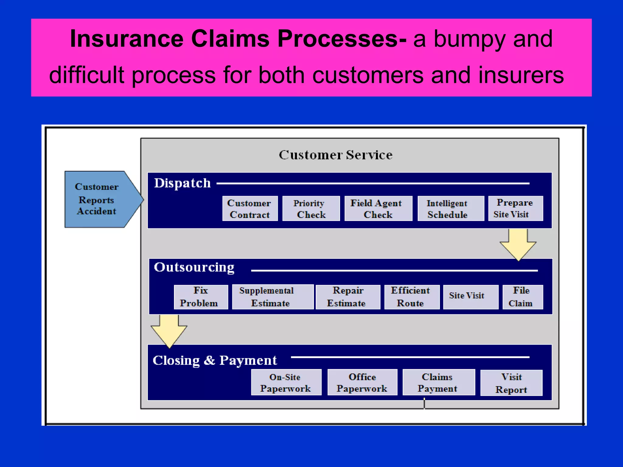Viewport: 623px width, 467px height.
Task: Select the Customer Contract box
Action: click(250, 209)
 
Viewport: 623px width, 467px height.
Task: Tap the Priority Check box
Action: click(311, 209)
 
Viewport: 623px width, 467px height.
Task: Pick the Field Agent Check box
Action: click(378, 209)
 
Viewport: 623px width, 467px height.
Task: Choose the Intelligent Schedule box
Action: click(451, 209)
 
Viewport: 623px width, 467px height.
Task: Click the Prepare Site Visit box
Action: click(515, 208)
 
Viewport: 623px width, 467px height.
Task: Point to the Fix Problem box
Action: click(201, 297)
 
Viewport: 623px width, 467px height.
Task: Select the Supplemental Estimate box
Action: click(273, 297)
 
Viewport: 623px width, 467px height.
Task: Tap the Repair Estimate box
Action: click(348, 297)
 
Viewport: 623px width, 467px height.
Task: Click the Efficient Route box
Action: click(412, 297)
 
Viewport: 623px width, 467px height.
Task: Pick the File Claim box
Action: click(522, 297)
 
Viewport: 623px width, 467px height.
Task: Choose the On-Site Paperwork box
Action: click(286, 382)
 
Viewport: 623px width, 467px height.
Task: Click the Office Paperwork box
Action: click(362, 382)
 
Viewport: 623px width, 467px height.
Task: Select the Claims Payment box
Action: click(438, 382)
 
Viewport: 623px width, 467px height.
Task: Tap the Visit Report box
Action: click(511, 383)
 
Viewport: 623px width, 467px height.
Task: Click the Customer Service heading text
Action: click(336, 155)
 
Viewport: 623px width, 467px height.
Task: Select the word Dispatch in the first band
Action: click(182, 183)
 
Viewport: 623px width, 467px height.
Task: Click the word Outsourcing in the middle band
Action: click(194, 268)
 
